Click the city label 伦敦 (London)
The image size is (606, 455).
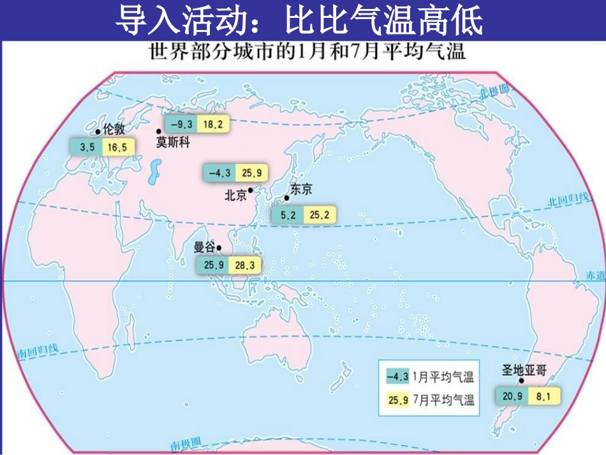113,130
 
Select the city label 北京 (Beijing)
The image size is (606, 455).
235,196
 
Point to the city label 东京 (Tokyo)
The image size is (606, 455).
301,190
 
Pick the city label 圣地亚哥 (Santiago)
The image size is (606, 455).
524,370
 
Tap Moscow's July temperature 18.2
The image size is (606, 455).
213,125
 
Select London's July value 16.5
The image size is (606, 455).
117,147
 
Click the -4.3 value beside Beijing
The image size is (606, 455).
219,173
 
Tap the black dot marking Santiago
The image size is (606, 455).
522,381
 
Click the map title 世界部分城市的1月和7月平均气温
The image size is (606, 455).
307,52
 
